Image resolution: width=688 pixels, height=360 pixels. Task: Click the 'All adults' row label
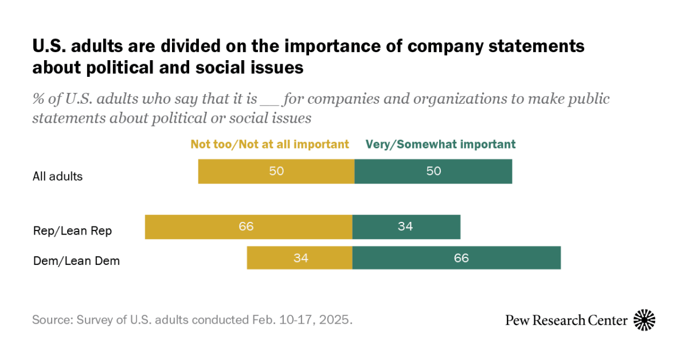pos(57,177)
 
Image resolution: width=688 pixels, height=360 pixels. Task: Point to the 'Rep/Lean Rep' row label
pos(72,231)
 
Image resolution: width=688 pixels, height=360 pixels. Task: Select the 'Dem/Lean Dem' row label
pos(76,261)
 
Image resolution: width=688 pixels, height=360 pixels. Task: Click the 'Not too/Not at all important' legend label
pos(269,144)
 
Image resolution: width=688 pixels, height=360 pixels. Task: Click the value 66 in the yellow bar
pos(247,226)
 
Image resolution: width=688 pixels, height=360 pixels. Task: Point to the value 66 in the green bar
pos(462,258)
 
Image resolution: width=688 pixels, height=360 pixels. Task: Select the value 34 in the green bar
pos(405,226)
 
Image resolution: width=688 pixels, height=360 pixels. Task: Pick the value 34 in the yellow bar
pos(301,258)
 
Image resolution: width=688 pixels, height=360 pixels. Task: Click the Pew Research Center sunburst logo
pos(644,320)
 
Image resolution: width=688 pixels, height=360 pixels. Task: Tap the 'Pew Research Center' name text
pos(566,320)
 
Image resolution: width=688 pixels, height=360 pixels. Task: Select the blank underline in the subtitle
pos(268,99)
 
